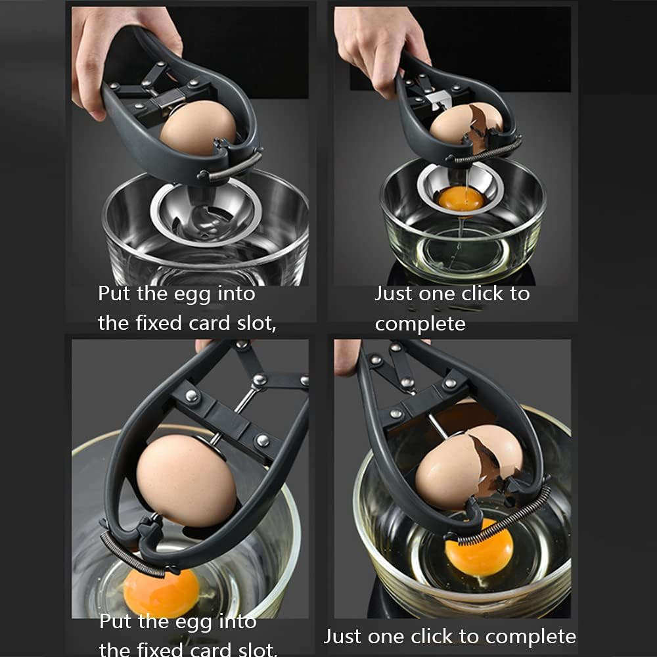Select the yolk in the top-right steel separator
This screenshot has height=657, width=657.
[461, 197]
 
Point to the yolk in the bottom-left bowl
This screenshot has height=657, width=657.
[162, 591]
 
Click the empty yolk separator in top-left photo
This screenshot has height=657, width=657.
[204, 211]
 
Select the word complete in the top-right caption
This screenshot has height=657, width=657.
[420, 323]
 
